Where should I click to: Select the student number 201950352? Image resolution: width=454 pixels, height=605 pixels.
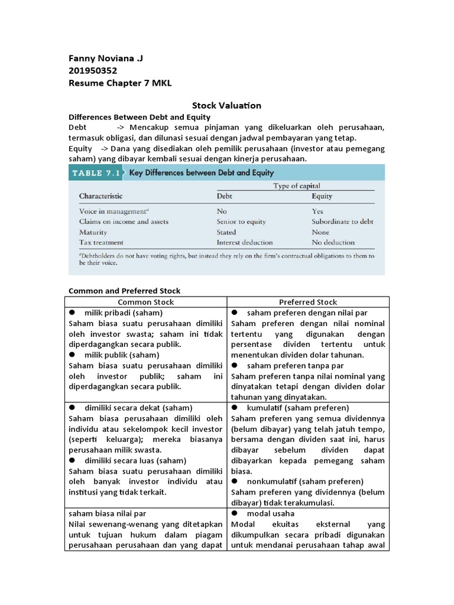[x=93, y=71]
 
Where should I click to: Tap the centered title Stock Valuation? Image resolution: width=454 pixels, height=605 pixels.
[x=226, y=106]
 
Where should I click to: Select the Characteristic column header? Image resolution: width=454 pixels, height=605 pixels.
[x=101, y=196]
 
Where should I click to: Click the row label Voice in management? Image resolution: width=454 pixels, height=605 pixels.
[x=113, y=211]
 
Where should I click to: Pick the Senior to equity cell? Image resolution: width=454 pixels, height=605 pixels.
[x=241, y=222]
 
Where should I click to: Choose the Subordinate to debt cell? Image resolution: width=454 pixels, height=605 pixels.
[x=342, y=222]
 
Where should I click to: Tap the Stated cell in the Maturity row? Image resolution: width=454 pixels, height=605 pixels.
[x=226, y=232]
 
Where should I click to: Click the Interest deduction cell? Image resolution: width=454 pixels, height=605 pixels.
[x=245, y=242]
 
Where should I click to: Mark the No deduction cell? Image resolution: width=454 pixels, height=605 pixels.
[x=333, y=242]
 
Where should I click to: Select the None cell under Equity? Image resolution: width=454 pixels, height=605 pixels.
[x=320, y=232]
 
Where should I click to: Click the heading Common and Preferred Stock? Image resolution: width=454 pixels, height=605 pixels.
[x=125, y=291]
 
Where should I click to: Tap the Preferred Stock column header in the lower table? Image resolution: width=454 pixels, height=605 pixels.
[x=308, y=302]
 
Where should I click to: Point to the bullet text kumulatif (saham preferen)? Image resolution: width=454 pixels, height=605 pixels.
[x=298, y=408]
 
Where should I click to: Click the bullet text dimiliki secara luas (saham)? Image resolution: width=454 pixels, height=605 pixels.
[x=135, y=460]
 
